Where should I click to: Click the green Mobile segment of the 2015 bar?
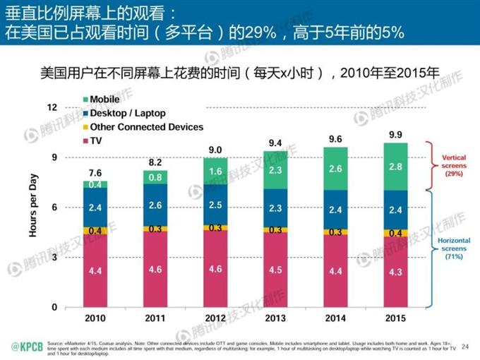395,166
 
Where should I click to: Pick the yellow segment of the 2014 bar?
335,232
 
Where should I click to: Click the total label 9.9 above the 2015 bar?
395,134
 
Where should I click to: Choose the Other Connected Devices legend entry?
141,127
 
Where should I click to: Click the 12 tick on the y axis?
51,107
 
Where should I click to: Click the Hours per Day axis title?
32,207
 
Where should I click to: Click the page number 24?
464,346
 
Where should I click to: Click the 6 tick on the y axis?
53,208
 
